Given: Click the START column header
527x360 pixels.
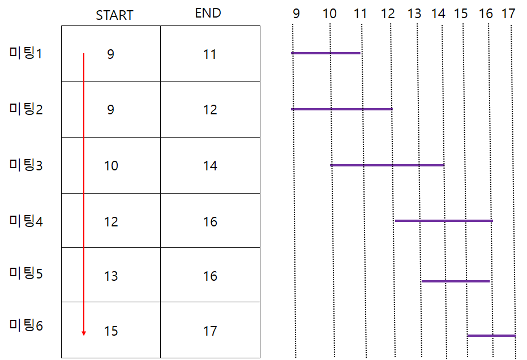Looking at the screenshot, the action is coord(114,15).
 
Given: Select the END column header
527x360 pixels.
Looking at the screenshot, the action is coord(208,13).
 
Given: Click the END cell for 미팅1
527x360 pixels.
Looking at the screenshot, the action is coord(210,55).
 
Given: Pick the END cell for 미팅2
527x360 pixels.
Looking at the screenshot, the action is coord(210,110).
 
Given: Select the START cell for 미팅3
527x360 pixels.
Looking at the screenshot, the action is coord(111,166).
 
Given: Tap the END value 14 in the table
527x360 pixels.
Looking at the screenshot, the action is coord(210,166).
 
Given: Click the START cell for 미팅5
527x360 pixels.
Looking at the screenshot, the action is coord(111,276).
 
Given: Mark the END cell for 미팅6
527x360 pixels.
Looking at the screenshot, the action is coord(210,331).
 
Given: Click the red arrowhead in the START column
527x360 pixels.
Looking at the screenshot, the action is coord(84,333).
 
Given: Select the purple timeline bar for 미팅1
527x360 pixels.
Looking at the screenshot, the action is coord(325,53).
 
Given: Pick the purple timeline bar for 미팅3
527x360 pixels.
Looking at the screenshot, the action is coord(387,165).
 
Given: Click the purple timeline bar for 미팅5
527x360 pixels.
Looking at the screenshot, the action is coord(456,281).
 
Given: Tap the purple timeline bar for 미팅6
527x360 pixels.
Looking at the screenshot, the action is coord(491,336).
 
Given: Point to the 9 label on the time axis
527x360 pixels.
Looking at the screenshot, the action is coord(296,14).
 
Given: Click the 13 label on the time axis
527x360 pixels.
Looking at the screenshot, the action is coord(414,14).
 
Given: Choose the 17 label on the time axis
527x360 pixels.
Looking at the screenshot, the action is coord(508,14).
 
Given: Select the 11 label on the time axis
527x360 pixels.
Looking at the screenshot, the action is coord(361,14).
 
